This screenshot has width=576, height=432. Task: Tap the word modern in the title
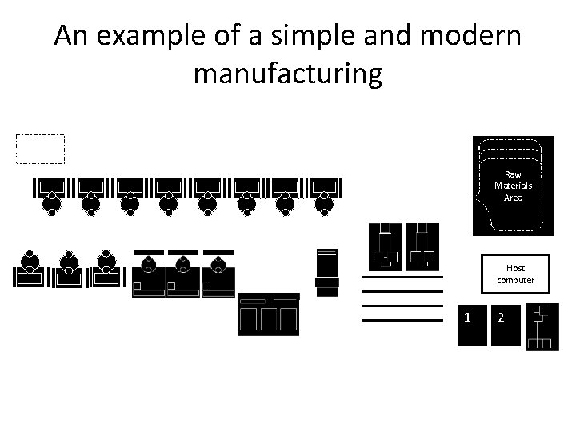tap(472, 37)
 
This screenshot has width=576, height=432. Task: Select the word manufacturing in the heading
tap(288, 74)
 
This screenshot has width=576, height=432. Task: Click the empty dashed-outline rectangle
tap(40, 149)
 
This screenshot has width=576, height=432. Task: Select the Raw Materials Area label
tap(513, 186)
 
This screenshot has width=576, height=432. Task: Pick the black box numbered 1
tap(471, 325)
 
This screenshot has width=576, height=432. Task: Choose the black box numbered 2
tap(503, 325)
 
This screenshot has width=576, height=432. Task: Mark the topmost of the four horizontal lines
tap(402, 277)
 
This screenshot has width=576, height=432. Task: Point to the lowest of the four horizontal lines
tap(402, 320)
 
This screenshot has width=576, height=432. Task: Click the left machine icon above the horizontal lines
tap(386, 246)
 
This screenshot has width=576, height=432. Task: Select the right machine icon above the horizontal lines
tap(422, 246)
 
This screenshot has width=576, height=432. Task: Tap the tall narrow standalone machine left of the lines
tap(327, 270)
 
